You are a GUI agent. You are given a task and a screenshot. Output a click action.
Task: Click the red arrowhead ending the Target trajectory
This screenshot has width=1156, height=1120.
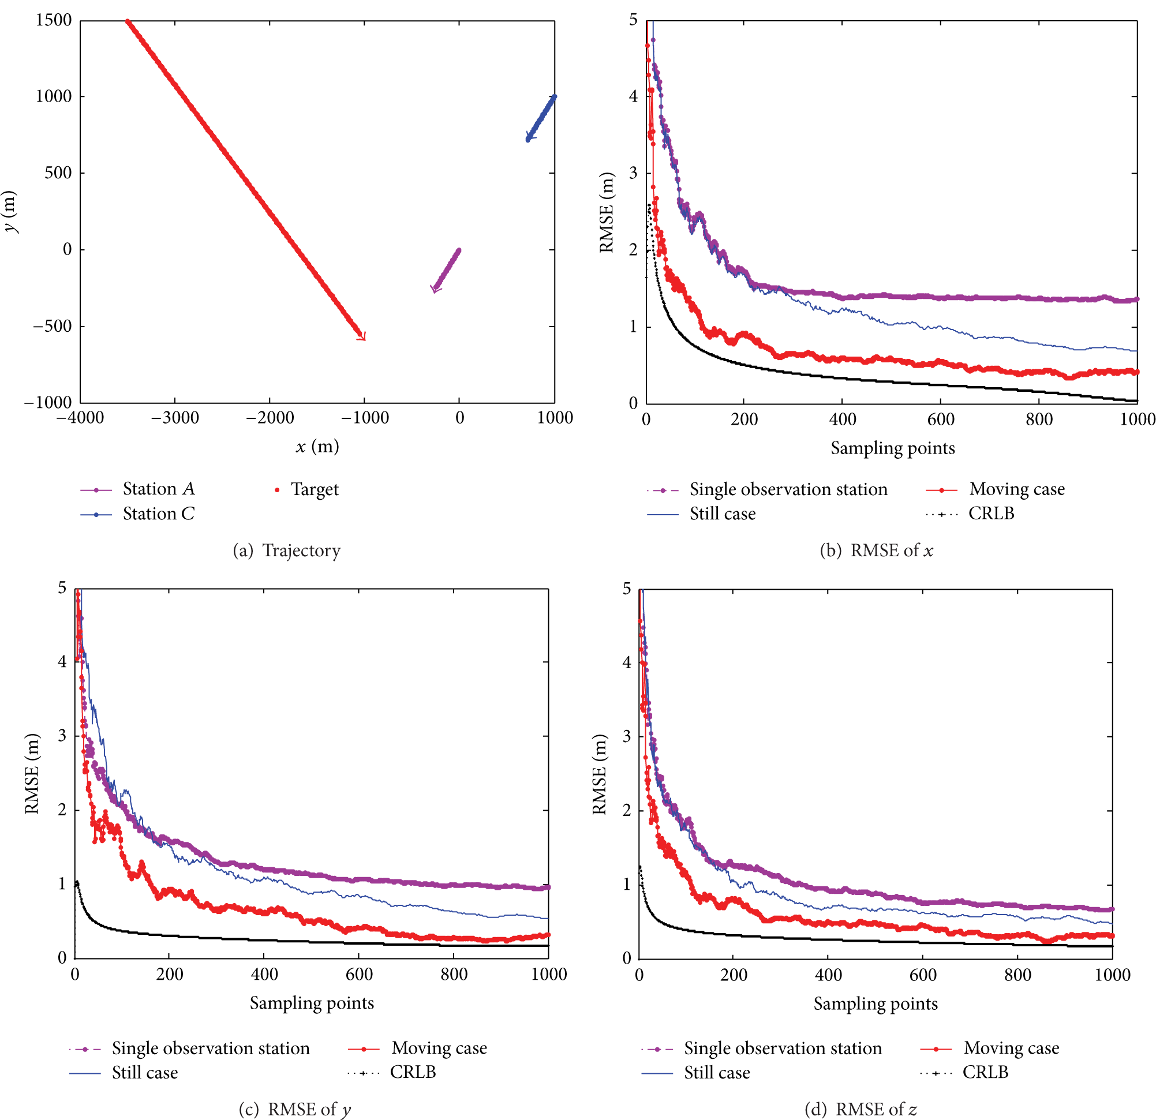tap(361, 336)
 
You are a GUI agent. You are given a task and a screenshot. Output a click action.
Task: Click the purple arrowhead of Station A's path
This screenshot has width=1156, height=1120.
tap(435, 289)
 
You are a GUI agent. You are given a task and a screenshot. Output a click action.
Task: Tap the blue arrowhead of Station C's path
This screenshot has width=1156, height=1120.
tap(529, 137)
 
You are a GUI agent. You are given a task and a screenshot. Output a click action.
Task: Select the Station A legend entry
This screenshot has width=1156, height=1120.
tap(137, 489)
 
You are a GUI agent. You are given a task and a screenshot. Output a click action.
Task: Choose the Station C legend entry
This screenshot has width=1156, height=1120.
tap(137, 514)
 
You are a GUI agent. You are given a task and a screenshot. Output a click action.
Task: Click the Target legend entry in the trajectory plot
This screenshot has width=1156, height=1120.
tap(306, 489)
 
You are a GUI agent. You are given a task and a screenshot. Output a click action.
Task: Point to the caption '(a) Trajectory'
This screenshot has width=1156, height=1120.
tap(287, 551)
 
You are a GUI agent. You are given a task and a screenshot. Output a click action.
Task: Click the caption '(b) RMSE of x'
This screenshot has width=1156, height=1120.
tap(877, 551)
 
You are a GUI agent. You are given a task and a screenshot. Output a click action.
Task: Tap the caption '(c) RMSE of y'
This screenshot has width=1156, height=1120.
tap(295, 1110)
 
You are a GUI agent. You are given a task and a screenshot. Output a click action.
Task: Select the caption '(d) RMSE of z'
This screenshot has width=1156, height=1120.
tap(861, 1110)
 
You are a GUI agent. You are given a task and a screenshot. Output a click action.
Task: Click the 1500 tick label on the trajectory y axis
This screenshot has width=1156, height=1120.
tap(54, 20)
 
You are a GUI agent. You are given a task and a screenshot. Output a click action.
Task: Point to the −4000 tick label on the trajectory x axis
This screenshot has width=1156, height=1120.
tap(80, 418)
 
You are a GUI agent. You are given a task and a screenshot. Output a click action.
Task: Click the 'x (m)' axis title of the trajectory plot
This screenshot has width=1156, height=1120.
tap(317, 447)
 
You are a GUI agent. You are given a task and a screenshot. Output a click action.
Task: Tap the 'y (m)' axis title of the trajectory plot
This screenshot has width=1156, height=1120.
tap(10, 211)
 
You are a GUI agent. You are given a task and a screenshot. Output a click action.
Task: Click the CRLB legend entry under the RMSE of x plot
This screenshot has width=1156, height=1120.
tap(970, 514)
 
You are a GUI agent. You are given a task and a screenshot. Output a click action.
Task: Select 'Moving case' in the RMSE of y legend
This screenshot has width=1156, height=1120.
tap(418, 1048)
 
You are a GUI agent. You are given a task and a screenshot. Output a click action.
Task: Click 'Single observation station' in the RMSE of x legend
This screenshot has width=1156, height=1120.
tap(768, 489)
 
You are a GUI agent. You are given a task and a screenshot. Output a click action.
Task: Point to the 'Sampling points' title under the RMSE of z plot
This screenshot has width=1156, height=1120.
tap(876, 1005)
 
